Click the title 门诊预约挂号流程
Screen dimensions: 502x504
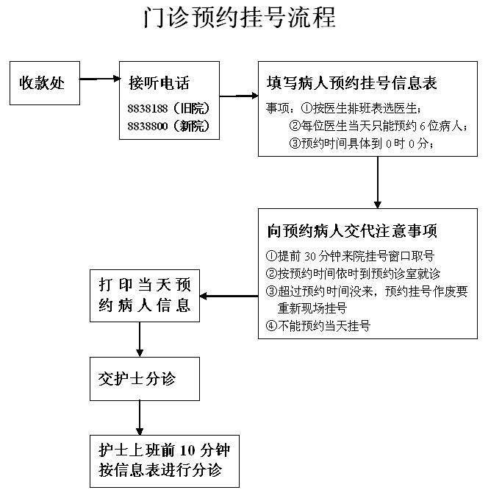click(x=240, y=17)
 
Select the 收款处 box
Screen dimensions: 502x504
click(x=45, y=83)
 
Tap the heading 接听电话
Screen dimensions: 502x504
click(x=159, y=82)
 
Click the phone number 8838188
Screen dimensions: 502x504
click(x=148, y=108)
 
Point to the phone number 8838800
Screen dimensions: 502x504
click(x=148, y=126)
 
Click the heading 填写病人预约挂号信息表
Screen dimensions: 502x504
click(x=351, y=82)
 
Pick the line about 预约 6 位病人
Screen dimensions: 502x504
click(x=379, y=126)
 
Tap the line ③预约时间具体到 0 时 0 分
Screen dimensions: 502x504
click(x=362, y=143)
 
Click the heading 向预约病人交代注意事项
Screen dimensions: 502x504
click(x=351, y=231)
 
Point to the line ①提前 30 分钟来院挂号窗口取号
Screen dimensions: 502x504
click(x=350, y=256)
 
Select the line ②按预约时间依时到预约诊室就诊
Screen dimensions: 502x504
click(x=353, y=274)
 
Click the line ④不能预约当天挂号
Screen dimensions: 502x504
click(x=318, y=326)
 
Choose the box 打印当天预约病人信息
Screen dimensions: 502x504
click(x=145, y=296)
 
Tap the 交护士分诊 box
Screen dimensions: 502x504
click(x=145, y=379)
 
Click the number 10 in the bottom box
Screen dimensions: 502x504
click(x=187, y=450)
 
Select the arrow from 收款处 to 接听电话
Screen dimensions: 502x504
click(x=100, y=79)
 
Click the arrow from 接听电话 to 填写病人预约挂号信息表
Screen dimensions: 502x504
click(x=239, y=96)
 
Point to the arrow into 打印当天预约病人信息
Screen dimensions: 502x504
click(x=229, y=296)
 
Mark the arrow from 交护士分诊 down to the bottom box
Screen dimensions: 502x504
click(x=140, y=418)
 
